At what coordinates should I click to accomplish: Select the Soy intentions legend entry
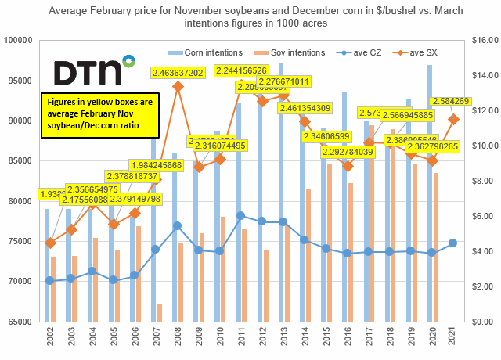(280, 52)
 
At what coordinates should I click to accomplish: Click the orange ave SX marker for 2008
(178, 85)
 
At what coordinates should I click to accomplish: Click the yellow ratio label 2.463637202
(189, 72)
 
